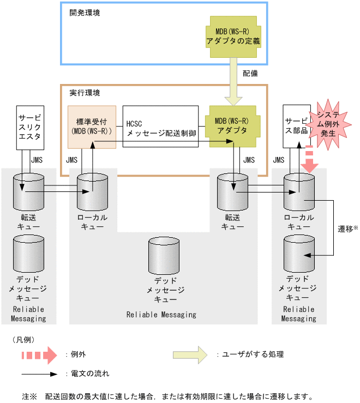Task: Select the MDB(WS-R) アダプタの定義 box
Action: coord(233,36)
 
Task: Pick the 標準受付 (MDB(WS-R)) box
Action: coord(92,127)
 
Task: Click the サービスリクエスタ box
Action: coord(29,127)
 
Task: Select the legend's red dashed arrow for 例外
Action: coord(39,354)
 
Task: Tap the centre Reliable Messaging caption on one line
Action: coord(161,315)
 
